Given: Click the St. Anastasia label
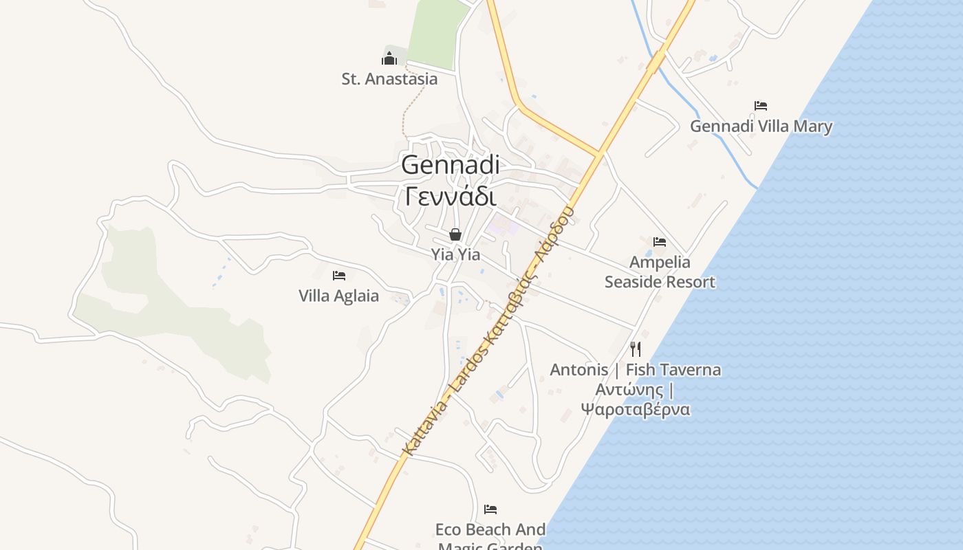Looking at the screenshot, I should coord(389,79).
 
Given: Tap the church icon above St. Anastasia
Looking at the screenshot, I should coord(389,58).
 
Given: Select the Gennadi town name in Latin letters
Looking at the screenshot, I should coord(450,165).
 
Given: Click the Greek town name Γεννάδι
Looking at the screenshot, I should coord(450,197).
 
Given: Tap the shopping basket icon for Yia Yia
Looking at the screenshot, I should coord(455,234).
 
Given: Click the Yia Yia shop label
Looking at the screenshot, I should coord(455,254).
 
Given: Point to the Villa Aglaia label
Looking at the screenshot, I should coord(338,296).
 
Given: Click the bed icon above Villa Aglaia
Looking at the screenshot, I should coord(338,276).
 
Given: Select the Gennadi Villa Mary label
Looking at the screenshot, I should coord(761,126).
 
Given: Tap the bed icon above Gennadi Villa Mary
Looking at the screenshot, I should coord(760,106).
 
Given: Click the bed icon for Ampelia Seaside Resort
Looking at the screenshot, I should coord(660,242).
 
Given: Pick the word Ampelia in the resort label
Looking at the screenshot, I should coord(660,263).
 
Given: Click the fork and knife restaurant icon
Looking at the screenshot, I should coord(635,349).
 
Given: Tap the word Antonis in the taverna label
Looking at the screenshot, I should coord(579,370).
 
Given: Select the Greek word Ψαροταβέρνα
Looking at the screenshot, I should coord(635,410).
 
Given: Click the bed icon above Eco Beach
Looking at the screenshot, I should coord(490,509).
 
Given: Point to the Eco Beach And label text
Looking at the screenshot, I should coord(490,530).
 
